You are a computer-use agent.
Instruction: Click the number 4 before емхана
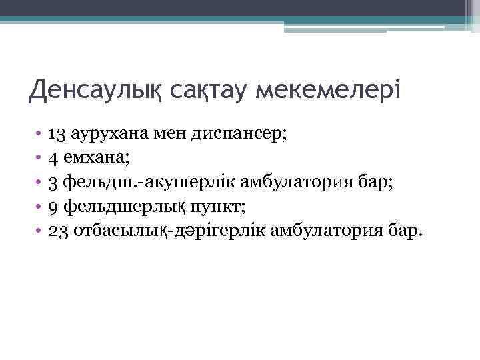(x=53, y=157)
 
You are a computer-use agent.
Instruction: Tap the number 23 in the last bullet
(x=59, y=231)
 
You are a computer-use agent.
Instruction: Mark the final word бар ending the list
(x=407, y=231)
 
